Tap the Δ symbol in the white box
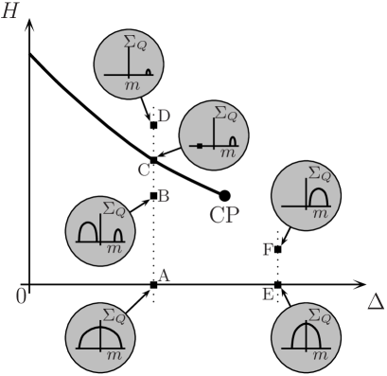click(375, 301)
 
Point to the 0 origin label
click(21, 296)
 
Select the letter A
click(163, 276)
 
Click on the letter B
click(163, 196)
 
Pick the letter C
click(144, 170)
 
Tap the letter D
click(163, 116)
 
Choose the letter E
click(268, 295)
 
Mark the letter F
click(268, 249)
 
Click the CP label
click(223, 215)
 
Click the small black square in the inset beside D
click(200, 146)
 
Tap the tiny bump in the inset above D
click(150, 71)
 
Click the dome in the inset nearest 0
click(97, 333)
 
